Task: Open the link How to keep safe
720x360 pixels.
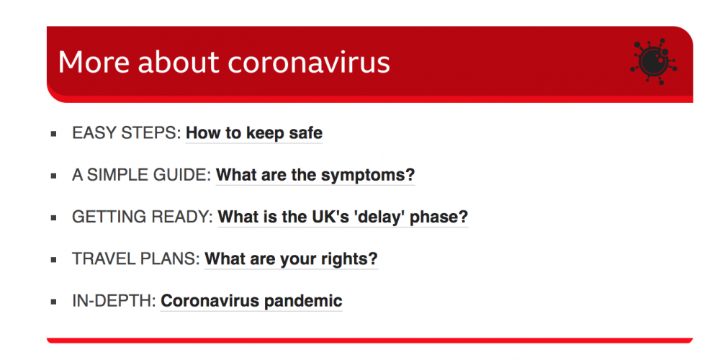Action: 254,133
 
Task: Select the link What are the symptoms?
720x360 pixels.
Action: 315,175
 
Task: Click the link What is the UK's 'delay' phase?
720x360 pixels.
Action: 343,217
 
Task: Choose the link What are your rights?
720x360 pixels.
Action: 291,259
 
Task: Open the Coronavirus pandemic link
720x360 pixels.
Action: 251,301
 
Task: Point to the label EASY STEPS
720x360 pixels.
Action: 127,133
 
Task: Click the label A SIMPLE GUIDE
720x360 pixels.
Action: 142,175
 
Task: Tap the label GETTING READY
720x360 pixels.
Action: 143,217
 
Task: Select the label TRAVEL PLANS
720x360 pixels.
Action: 136,259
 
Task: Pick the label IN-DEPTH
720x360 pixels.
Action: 114,301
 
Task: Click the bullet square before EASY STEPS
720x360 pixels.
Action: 54,134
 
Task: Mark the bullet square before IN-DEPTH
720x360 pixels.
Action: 54,302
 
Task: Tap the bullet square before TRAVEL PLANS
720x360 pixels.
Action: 54,260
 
